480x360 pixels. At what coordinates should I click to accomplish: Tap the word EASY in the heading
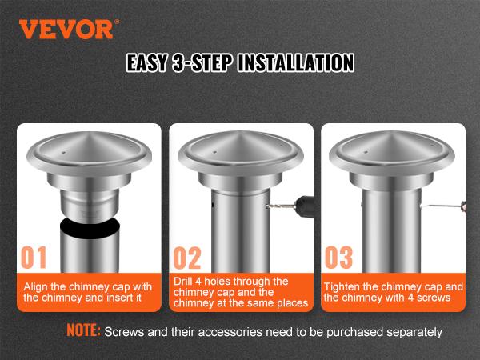[x=154, y=63]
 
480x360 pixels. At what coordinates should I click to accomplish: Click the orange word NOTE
[x=83, y=330]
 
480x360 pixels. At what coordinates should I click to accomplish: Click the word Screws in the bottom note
[x=123, y=330]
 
